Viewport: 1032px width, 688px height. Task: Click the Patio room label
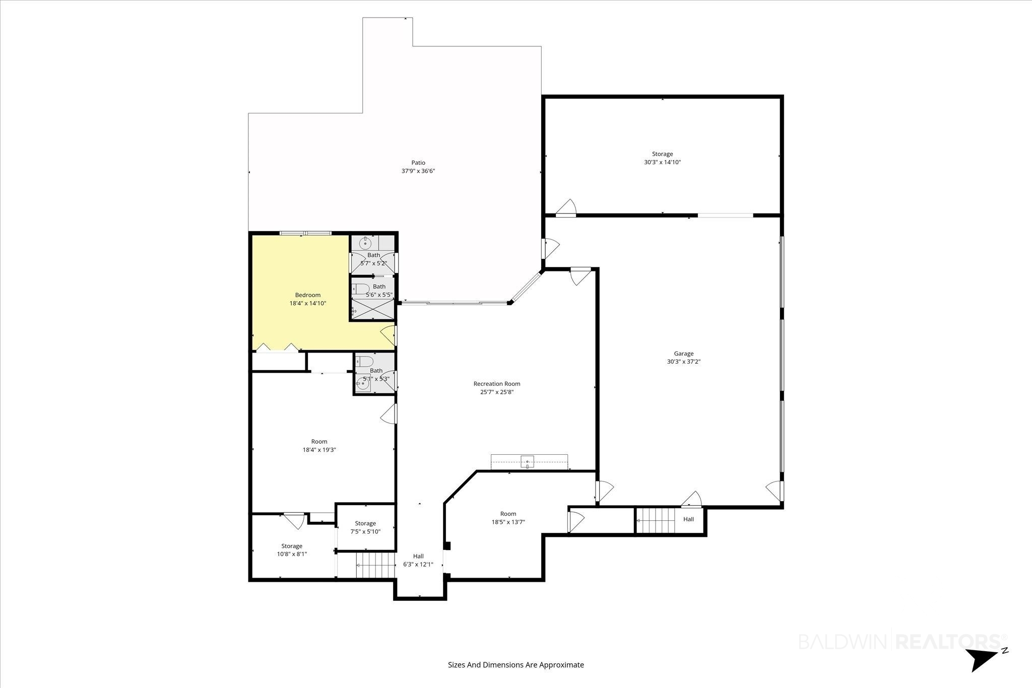coord(418,163)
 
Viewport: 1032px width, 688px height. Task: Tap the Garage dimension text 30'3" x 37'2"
coord(684,362)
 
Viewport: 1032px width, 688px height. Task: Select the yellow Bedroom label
coord(308,295)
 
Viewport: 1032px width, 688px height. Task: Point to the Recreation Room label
coord(497,384)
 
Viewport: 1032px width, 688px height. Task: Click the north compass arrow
coord(980,659)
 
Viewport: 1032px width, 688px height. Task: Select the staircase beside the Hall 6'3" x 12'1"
coord(375,565)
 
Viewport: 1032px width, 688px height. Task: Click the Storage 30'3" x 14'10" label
coord(663,158)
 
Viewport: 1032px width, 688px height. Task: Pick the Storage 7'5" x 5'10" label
coord(365,527)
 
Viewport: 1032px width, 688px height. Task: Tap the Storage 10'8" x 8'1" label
coord(292,550)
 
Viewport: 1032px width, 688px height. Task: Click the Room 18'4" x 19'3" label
coord(319,446)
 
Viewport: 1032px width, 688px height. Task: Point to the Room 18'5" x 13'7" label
coord(508,518)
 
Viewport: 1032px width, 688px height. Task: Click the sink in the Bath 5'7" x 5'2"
coord(365,244)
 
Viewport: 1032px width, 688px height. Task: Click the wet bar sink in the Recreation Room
coord(528,461)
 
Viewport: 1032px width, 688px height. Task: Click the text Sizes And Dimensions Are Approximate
coord(516,665)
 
